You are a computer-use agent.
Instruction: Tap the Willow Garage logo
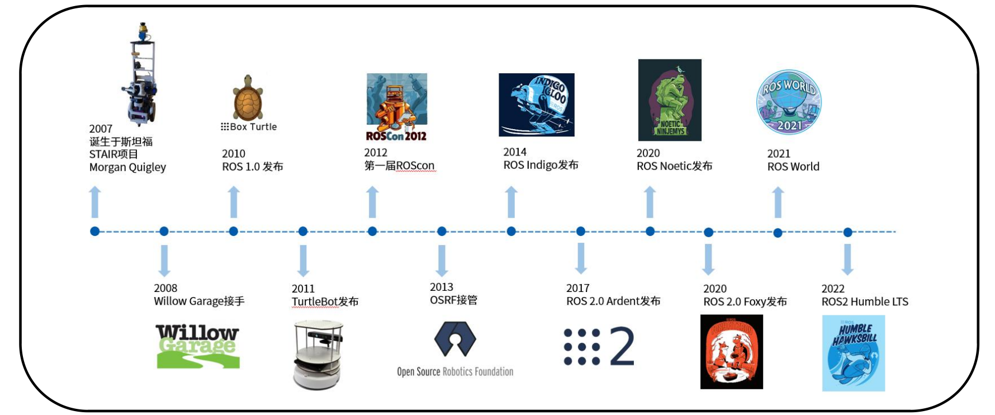198,346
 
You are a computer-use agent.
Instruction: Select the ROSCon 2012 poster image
396,107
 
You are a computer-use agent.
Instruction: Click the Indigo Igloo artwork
537,105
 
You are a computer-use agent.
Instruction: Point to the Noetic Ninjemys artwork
670,100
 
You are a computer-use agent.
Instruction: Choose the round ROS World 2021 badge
789,102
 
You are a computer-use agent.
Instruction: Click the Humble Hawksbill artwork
853,353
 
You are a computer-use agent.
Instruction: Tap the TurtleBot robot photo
318,353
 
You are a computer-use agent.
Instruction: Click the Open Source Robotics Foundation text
455,371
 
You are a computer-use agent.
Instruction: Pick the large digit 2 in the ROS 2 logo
622,346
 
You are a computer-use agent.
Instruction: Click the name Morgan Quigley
127,167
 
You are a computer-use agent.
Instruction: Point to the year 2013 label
441,287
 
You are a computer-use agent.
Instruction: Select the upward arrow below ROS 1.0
234,202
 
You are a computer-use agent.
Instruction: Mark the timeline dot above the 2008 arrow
164,232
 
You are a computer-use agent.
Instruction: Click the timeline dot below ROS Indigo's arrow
511,232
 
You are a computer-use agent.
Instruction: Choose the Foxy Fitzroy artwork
731,352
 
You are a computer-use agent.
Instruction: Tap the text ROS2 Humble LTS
865,302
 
